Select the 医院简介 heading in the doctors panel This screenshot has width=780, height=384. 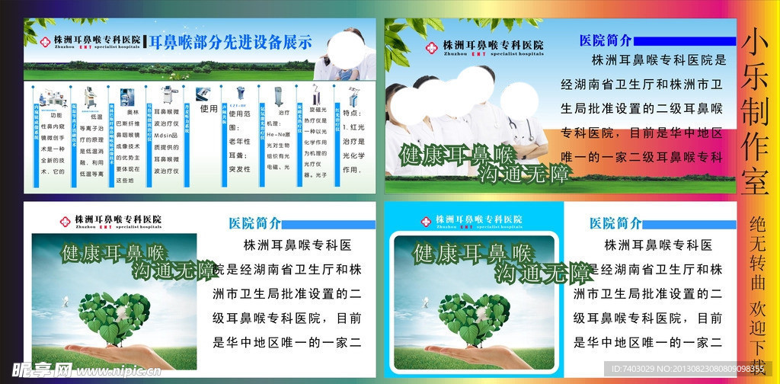pos(606,40)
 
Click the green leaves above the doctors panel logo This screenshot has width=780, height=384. pos(408,35)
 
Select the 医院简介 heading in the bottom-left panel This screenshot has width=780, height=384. pos(254,223)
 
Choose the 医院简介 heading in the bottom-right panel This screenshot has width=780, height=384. pos(615,223)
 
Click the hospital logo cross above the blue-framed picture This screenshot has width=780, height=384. pos(427,221)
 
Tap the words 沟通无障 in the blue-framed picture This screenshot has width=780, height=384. pos(542,273)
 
